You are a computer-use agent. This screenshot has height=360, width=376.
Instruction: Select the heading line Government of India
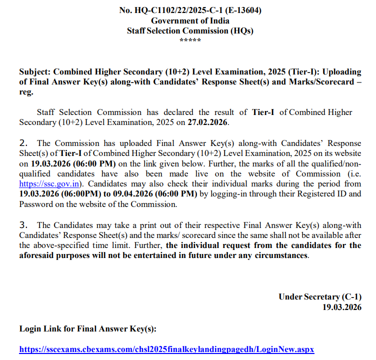coord(190,20)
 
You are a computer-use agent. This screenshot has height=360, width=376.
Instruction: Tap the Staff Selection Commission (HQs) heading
coord(190,30)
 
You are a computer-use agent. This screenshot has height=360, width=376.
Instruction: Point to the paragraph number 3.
coord(23,225)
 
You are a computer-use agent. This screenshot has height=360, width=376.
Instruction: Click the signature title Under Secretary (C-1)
coord(320,296)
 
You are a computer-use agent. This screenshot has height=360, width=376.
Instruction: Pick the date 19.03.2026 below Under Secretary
coord(342,306)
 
